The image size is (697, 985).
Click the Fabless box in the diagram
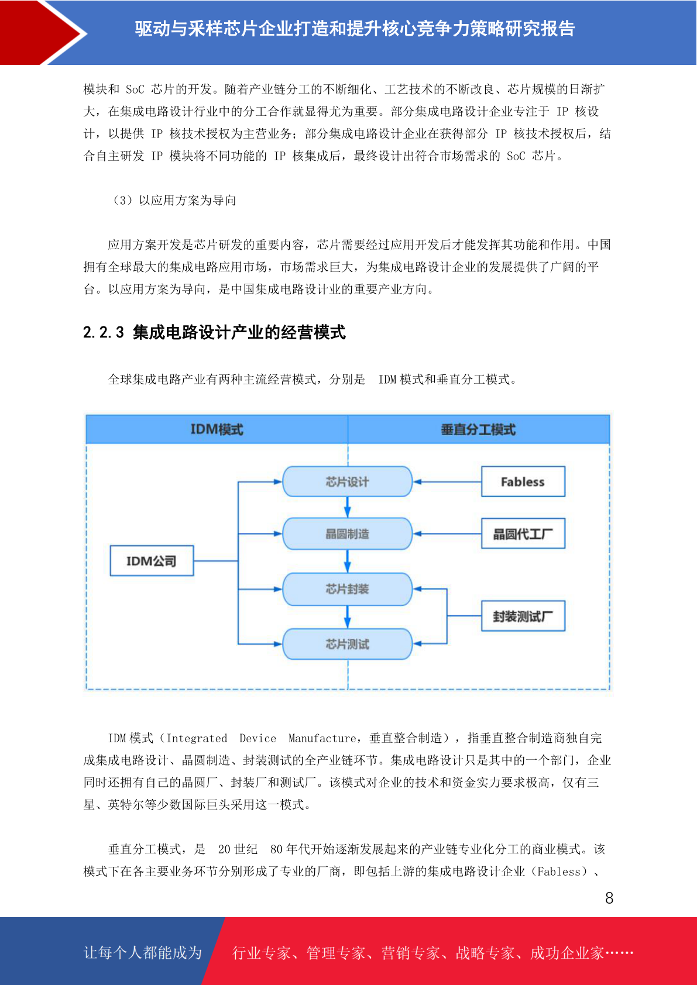523,481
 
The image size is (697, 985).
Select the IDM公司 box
152,561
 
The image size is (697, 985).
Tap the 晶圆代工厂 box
523,533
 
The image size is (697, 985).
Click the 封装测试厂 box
523,616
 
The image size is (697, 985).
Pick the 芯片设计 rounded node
347,481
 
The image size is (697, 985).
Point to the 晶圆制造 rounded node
347,534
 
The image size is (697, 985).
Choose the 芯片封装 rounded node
347,589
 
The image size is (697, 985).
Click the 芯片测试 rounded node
347,644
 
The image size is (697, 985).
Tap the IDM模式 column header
217,429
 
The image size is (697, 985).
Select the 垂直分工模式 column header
478,429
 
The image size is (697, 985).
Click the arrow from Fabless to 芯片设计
447,481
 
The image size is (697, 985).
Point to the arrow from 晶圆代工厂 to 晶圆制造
447,534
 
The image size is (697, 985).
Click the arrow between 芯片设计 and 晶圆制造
347,508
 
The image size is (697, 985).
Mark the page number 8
609,898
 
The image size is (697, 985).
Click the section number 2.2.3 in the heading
104,332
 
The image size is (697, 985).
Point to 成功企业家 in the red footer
567,953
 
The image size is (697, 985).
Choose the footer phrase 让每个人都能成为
143,952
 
